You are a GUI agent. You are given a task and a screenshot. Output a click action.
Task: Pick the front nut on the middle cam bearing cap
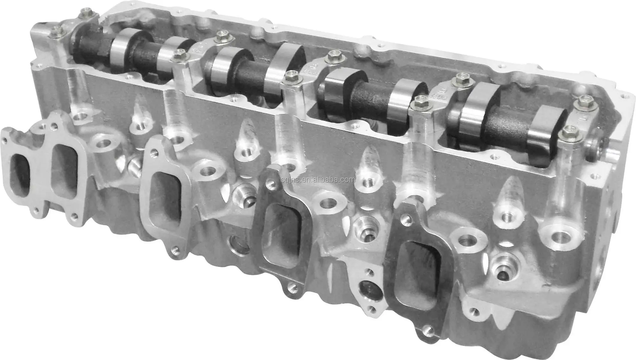[x=290, y=76]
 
